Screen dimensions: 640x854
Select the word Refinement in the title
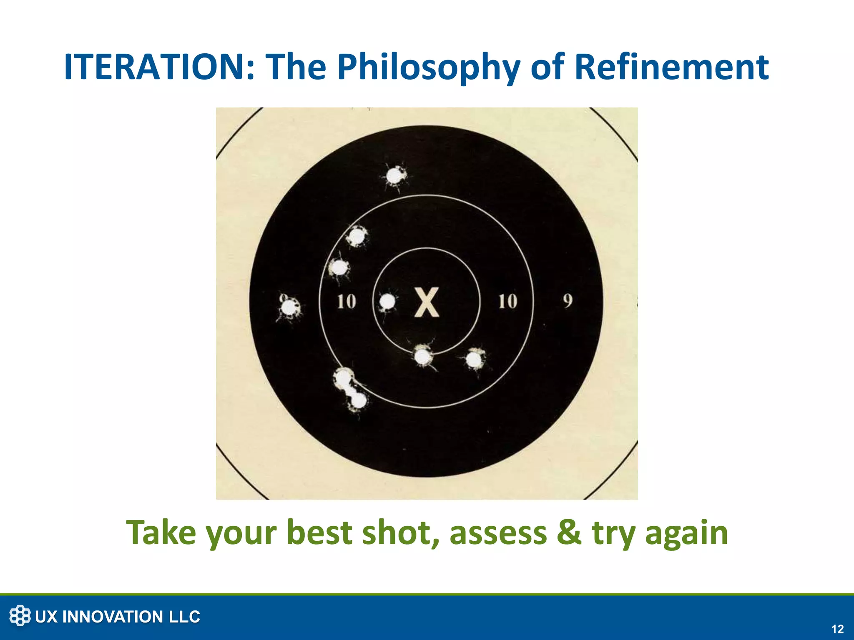pyautogui.click(x=671, y=67)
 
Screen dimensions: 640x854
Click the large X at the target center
pyautogui.click(x=427, y=302)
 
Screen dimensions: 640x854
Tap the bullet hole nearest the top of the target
pyautogui.click(x=394, y=176)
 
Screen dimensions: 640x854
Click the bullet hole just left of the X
pyautogui.click(x=388, y=301)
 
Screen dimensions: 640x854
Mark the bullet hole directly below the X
pyautogui.click(x=423, y=357)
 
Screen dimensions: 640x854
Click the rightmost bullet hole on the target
pyautogui.click(x=474, y=360)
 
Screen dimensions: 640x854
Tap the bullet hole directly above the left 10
pyautogui.click(x=339, y=267)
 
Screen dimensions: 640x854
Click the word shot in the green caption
pyautogui.click(x=400, y=533)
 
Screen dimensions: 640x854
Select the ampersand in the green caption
pyautogui.click(x=569, y=533)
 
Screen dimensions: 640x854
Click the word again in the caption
pyautogui.click(x=686, y=533)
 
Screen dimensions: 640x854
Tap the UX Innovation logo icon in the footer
pyautogui.click(x=20, y=616)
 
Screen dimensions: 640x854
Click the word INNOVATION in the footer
pyautogui.click(x=113, y=617)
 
